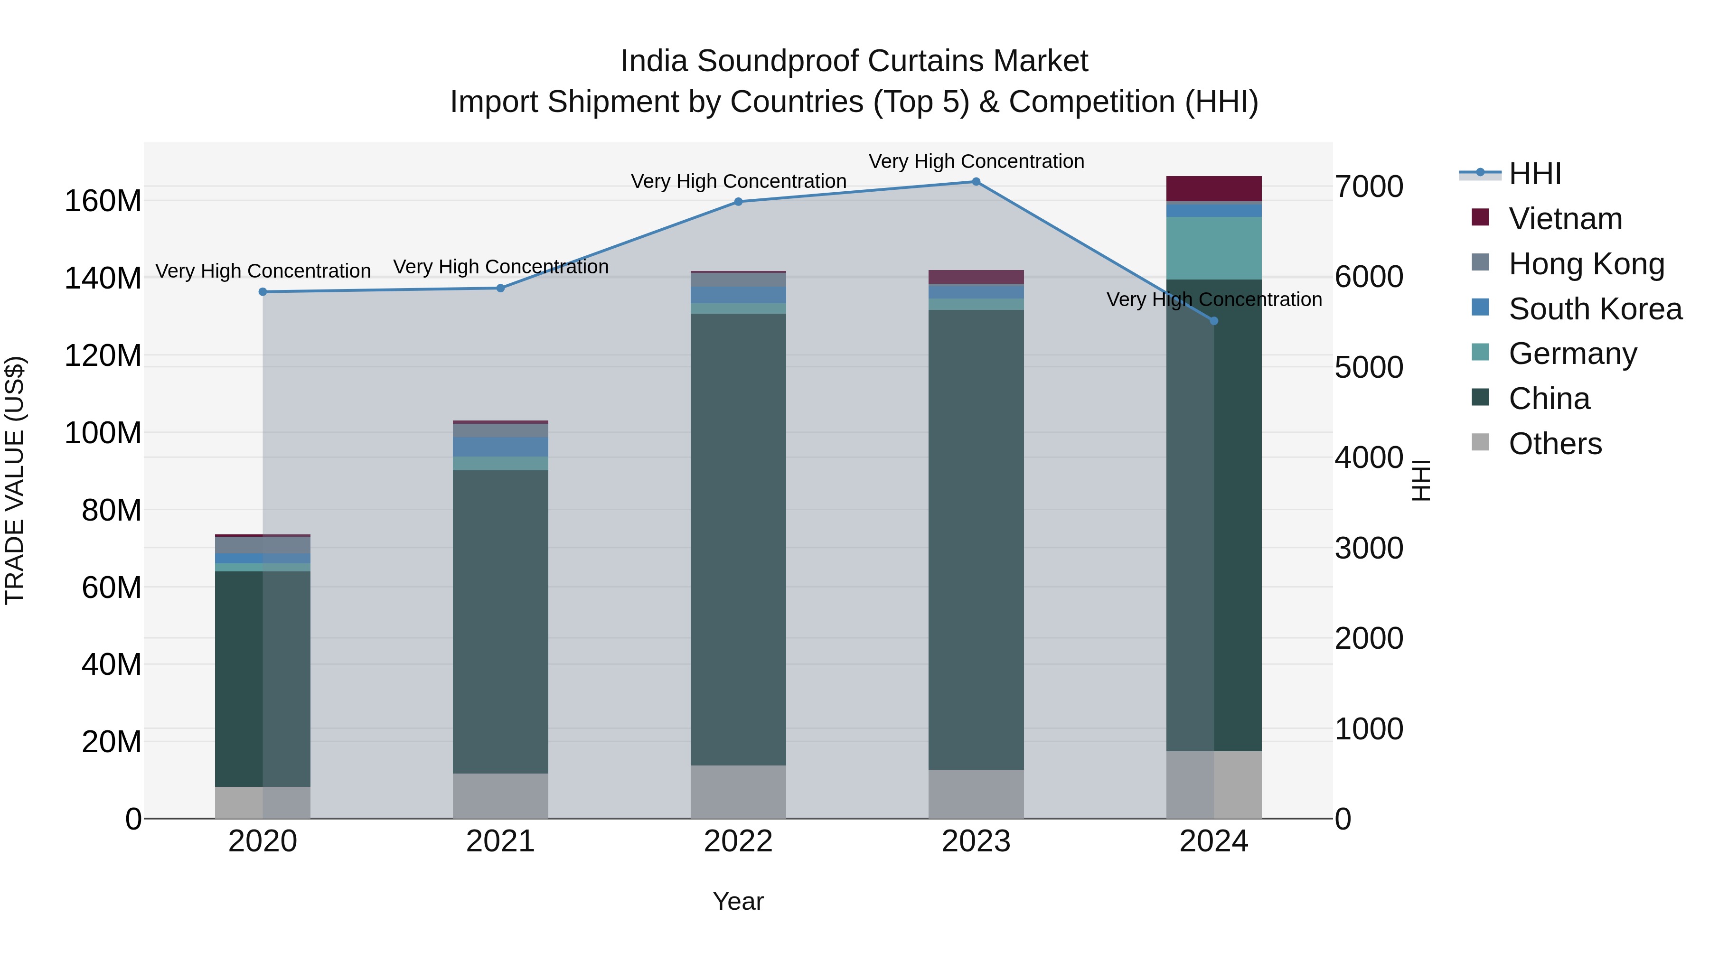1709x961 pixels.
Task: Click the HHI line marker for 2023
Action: [x=976, y=182]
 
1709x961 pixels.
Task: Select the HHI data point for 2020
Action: [x=263, y=292]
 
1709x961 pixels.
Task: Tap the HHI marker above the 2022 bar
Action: [x=738, y=202]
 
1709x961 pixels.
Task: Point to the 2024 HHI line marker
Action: [x=1214, y=321]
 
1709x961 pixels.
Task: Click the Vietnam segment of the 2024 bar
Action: [x=1214, y=189]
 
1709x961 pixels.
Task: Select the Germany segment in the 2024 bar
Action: [x=1214, y=248]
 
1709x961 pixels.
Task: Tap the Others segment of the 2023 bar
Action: [x=976, y=794]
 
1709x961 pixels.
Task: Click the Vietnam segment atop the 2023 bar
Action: [x=976, y=277]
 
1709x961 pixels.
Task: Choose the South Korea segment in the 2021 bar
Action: [x=500, y=447]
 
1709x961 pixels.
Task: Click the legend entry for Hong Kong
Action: [x=1586, y=264]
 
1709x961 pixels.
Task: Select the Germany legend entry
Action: [x=1572, y=354]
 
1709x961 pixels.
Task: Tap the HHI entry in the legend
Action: [x=1534, y=174]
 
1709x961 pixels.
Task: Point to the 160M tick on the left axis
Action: [x=103, y=200]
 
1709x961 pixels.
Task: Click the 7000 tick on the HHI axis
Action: [x=1369, y=187]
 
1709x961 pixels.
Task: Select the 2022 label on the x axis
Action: [x=738, y=841]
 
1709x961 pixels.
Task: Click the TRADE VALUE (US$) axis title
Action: [x=15, y=480]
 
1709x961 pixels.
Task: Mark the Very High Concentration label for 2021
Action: [x=501, y=267]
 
